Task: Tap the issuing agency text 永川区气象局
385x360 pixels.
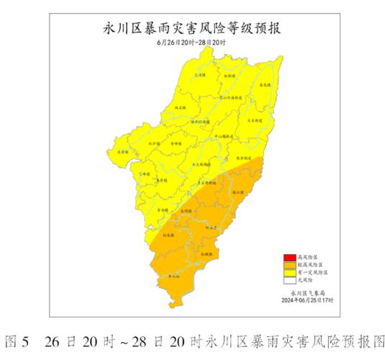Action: (308, 294)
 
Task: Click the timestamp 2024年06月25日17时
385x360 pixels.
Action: (308, 301)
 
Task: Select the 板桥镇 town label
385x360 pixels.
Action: (230, 75)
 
